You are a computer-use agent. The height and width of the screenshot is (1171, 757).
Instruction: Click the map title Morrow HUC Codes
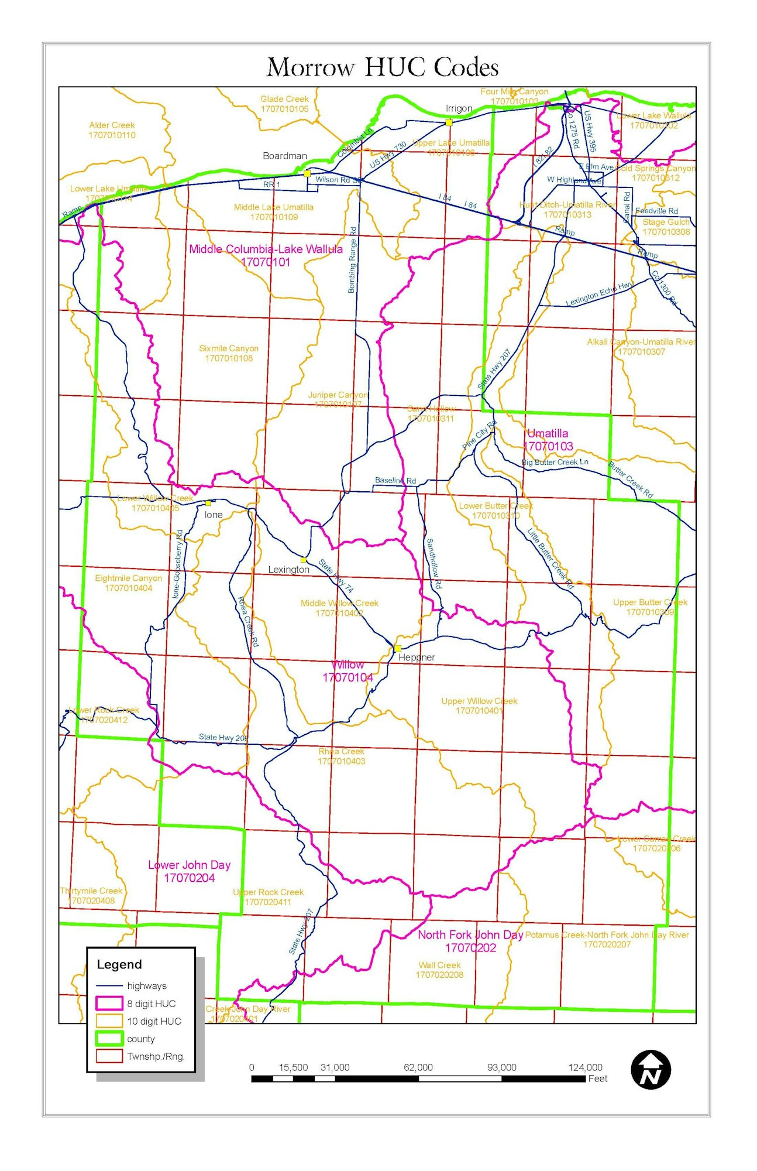coord(383,67)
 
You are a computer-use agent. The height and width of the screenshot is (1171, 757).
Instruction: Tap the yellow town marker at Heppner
coord(397,648)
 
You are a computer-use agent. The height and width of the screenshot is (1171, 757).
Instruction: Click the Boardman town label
coord(284,156)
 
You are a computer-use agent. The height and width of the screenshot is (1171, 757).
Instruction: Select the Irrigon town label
coord(459,108)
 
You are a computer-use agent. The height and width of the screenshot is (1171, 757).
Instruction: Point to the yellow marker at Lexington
coord(303,560)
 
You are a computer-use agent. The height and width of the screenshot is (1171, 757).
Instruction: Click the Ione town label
coord(213,515)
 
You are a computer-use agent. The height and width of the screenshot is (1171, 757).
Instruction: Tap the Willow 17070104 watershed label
coord(347,671)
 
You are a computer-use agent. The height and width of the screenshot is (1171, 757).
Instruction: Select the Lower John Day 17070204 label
coord(189,871)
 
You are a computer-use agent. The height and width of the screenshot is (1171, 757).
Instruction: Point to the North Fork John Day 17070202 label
coord(470,941)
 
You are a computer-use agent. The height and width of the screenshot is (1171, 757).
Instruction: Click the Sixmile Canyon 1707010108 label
coord(229,353)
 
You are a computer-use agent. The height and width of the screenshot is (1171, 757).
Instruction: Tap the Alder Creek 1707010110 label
coord(112,130)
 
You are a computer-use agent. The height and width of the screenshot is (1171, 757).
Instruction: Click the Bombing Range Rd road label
coord(352,260)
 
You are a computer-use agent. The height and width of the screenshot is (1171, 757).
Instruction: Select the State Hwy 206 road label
coord(223,737)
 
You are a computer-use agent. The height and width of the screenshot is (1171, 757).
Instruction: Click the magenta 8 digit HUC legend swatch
coord(109,1003)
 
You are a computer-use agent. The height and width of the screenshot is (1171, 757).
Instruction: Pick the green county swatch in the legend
coord(109,1039)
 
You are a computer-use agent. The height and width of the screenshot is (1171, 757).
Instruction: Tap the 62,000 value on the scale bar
coord(418,1067)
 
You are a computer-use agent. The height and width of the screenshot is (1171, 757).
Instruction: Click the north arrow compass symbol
coord(651,1069)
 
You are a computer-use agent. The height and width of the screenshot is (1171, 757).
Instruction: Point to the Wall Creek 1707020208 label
coord(439,970)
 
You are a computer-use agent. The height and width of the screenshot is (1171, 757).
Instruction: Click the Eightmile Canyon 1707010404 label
coord(129,583)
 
